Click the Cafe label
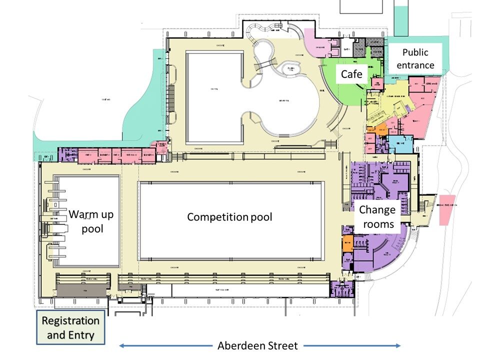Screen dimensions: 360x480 click(x=351, y=74)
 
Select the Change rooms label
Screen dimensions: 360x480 click(x=377, y=216)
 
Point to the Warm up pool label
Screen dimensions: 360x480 click(x=91, y=221)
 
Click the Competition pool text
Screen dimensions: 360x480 click(x=229, y=217)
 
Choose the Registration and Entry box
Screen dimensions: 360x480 click(x=70, y=328)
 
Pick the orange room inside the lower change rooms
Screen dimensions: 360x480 click(x=347, y=246)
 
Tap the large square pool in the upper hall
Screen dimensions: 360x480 click(x=214, y=97)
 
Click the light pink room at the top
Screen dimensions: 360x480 click(x=314, y=45)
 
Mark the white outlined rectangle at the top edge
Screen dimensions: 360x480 click(x=362, y=6)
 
